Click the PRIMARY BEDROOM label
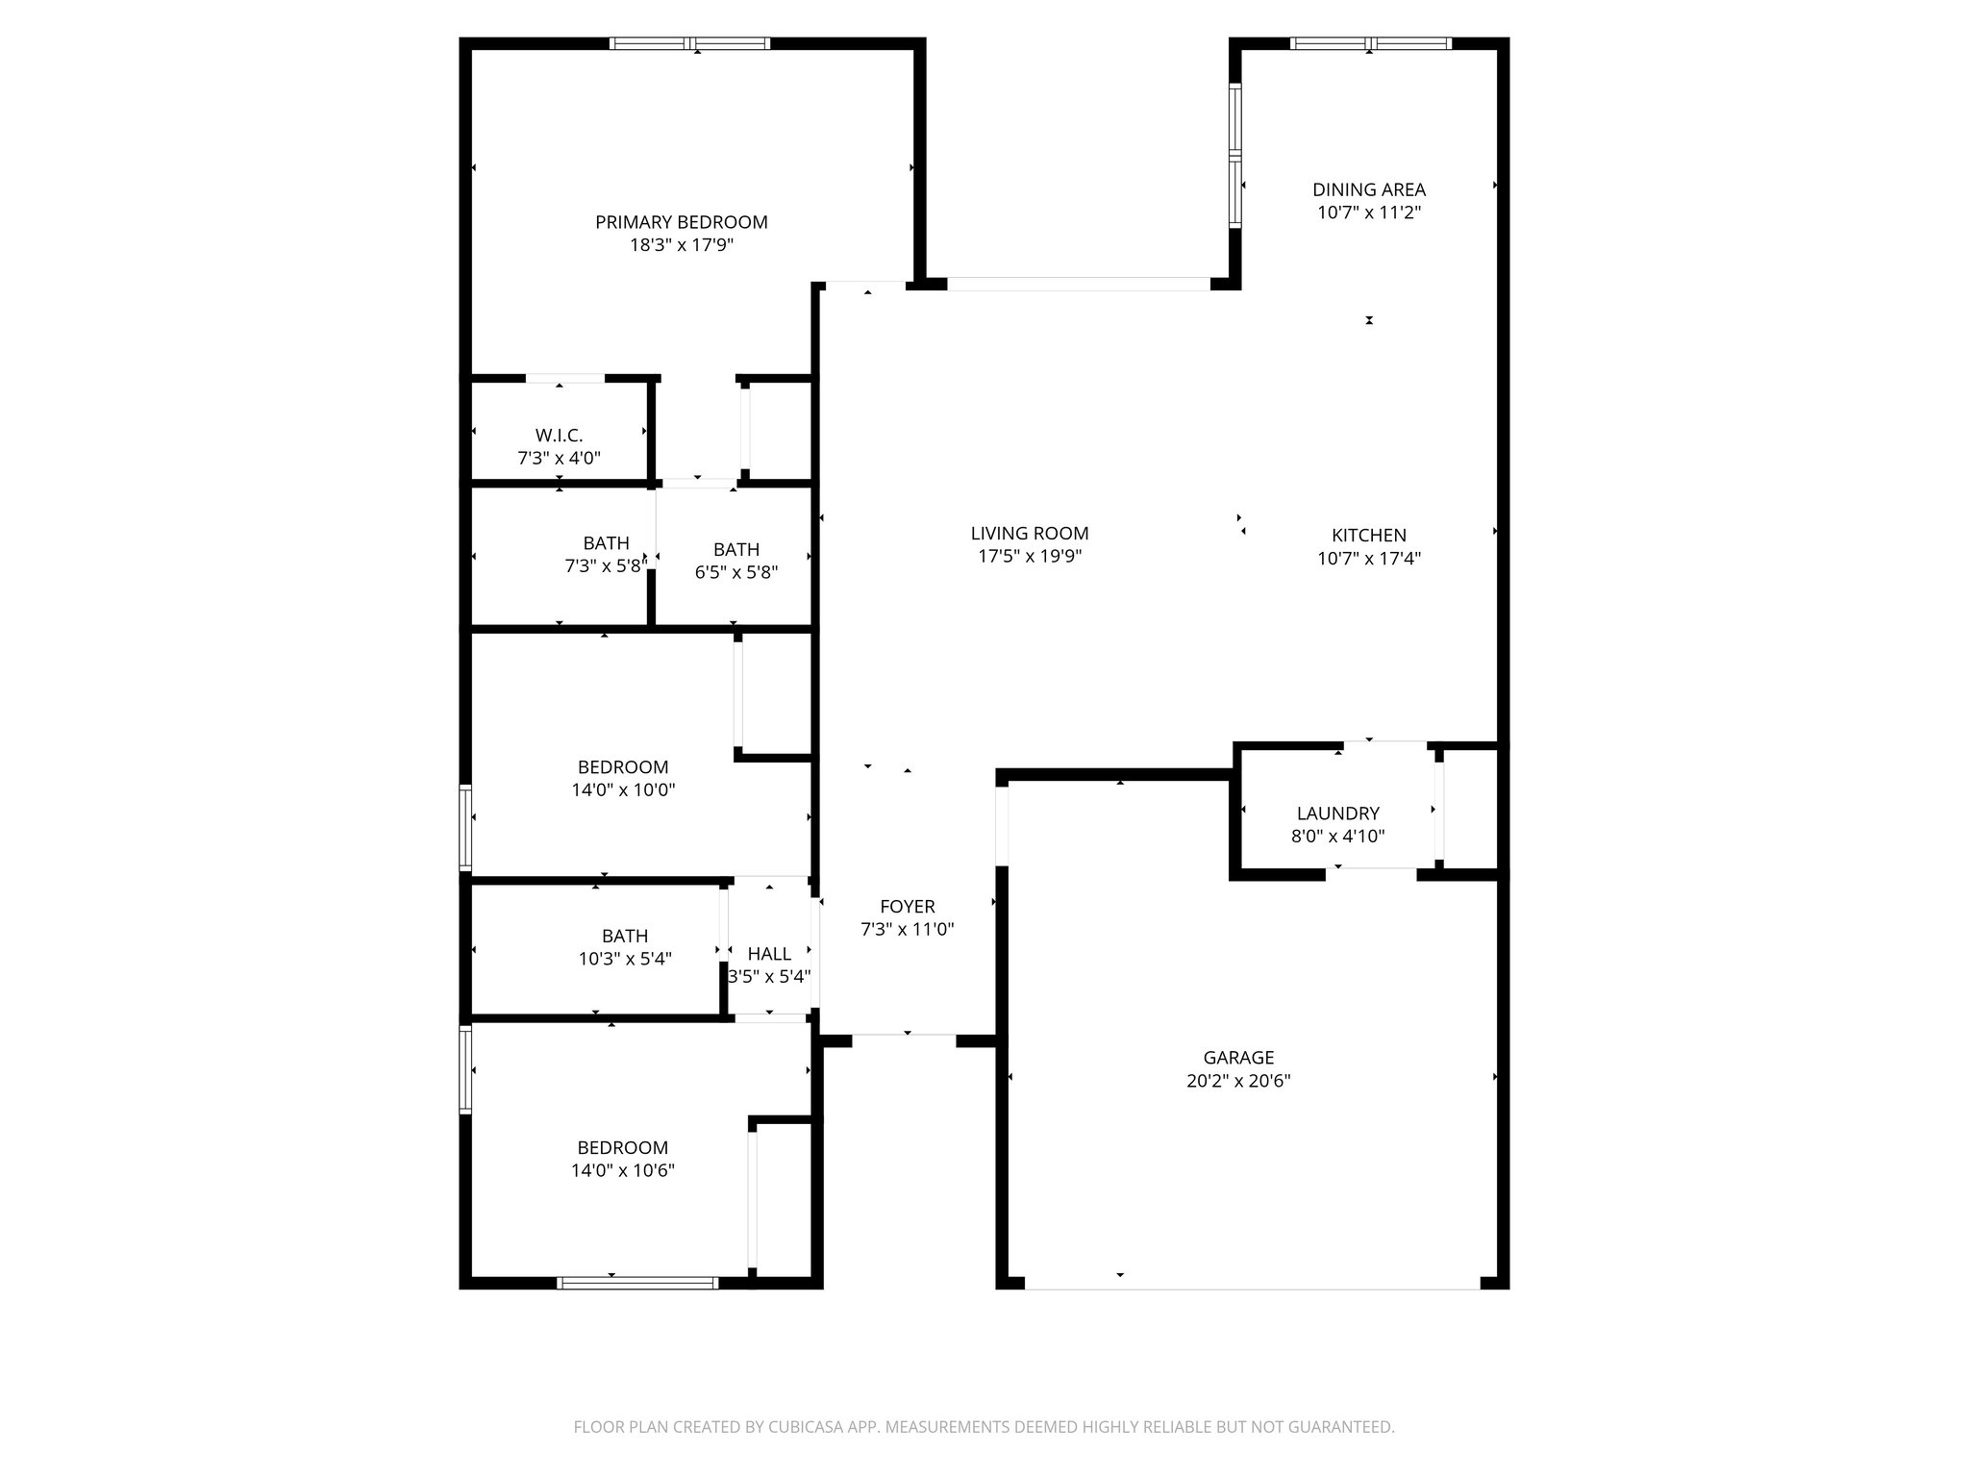681,222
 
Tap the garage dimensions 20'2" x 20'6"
1238,1081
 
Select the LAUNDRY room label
1337,814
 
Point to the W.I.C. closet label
559,436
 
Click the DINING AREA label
1369,189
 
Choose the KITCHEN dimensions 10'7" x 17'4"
1369,558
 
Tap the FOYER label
907,907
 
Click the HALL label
769,954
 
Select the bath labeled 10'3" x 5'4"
625,947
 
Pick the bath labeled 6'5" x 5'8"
735,561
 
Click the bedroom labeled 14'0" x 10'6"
622,1159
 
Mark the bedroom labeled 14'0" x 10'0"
622,778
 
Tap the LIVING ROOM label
1030,534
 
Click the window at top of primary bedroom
690,43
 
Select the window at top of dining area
1370,43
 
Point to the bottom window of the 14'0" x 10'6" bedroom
637,1282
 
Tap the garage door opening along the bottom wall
1252,1284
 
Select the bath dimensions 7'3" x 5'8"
604,567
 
